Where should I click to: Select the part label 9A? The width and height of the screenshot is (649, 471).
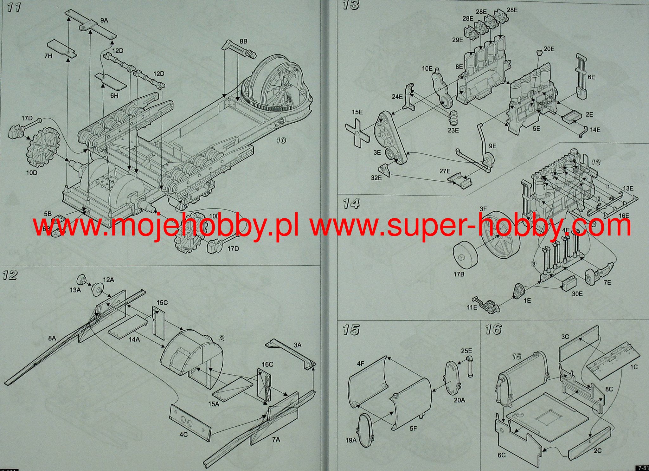[104, 21]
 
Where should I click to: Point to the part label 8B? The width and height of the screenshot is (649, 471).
[243, 42]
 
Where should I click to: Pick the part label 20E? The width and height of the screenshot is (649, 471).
[549, 49]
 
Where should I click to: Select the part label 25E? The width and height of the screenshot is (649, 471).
[466, 351]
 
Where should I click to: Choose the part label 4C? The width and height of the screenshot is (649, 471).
[183, 435]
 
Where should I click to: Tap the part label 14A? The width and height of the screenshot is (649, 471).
[134, 339]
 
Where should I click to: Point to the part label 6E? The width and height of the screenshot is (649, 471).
[591, 77]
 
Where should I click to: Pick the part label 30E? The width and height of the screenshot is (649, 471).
[577, 294]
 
